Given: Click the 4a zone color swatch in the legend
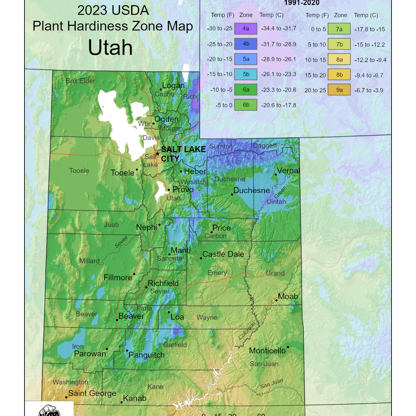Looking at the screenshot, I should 246,28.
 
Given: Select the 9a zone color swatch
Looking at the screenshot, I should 339,90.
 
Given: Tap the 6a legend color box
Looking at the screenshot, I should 246,90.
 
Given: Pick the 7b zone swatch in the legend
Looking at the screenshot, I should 339,44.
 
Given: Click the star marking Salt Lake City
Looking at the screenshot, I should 158,154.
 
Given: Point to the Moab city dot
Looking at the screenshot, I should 276,300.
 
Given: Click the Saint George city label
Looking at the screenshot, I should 92,393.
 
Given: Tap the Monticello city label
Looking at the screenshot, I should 267,351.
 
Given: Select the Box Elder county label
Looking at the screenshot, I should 80,81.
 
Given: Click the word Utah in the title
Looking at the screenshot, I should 110,48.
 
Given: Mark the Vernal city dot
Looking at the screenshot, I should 276,175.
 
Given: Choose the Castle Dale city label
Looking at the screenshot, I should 223,254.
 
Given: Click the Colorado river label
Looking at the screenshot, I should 247,331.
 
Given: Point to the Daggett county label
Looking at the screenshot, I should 265,146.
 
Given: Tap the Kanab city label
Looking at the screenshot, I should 135,398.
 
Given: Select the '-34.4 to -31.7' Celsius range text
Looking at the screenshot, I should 279,28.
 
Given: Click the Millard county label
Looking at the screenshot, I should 89,261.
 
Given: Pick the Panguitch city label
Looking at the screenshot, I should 146,355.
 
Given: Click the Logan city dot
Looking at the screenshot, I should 161,89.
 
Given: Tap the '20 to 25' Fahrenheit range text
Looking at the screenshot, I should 315,90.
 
